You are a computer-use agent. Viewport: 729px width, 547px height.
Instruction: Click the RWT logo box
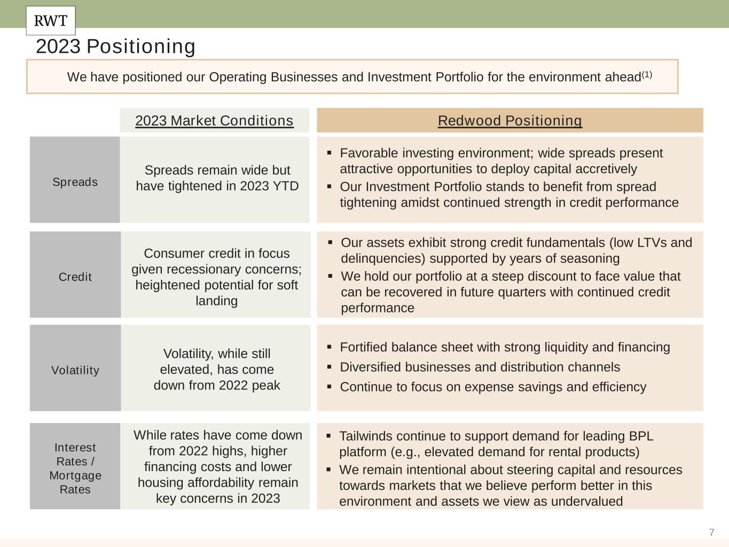51,21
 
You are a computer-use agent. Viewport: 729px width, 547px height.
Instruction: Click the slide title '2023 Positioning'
115,46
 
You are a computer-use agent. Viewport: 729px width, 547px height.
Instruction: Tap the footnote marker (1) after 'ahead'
647,74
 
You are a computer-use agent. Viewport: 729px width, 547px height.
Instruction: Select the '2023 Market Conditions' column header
214,121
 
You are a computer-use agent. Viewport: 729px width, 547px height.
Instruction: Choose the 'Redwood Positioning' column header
510,121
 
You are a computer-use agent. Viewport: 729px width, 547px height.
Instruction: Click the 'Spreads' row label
75,182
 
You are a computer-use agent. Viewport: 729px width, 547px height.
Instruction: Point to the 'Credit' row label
75,277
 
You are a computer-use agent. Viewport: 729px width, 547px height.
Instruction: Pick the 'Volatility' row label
75,370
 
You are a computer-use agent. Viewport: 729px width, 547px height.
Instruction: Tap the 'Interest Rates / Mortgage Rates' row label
75,468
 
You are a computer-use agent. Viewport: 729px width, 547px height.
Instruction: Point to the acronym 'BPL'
641,436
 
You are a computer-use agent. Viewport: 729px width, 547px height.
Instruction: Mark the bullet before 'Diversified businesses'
330,367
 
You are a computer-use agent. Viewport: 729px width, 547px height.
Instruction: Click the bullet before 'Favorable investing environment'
330,153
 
